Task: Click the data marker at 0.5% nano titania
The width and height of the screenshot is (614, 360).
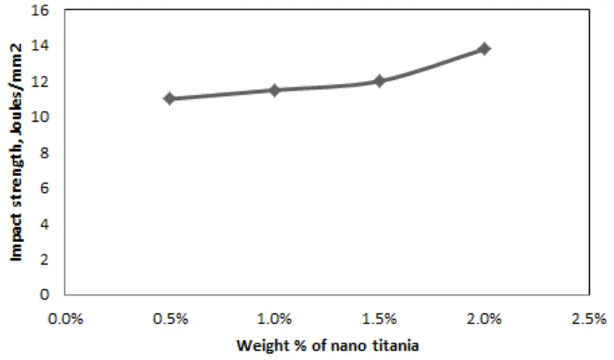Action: pyautogui.click(x=169, y=99)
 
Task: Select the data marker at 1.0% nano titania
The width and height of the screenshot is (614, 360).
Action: pyautogui.click(x=274, y=90)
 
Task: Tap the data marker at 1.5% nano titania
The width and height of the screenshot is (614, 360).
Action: pyautogui.click(x=379, y=81)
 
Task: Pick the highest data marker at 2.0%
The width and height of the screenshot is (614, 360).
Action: pyautogui.click(x=485, y=48)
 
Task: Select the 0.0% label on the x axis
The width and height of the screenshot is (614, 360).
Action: pyautogui.click(x=64, y=318)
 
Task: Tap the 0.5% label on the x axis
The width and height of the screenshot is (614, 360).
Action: pyautogui.click(x=169, y=318)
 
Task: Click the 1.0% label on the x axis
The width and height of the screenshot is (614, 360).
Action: pyautogui.click(x=274, y=318)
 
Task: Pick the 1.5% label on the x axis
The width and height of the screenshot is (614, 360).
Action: pyautogui.click(x=379, y=318)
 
